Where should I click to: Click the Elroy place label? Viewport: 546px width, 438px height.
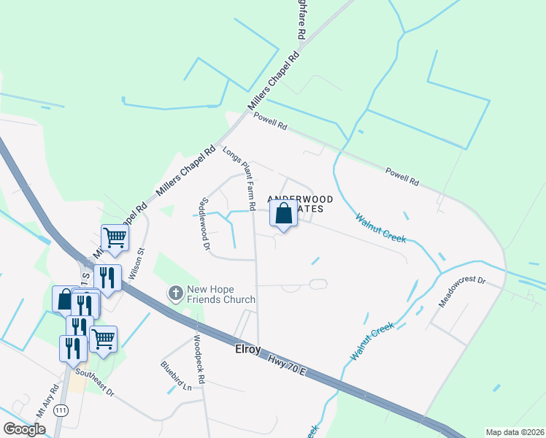click(x=247, y=350)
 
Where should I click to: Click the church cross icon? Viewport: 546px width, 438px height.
click(x=175, y=293)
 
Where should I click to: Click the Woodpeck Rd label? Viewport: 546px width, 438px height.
click(x=200, y=355)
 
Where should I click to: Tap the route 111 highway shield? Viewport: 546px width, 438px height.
click(x=64, y=412)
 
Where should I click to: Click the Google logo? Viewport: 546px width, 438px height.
click(x=24, y=429)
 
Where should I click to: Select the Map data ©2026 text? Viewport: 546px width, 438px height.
click(x=515, y=432)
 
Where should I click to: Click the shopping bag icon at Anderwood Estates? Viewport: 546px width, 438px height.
click(x=284, y=215)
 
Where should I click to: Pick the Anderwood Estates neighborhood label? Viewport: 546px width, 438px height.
click(x=301, y=204)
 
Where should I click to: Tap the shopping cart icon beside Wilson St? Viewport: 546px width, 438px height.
click(x=115, y=237)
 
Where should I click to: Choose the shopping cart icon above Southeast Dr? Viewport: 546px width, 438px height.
click(x=104, y=339)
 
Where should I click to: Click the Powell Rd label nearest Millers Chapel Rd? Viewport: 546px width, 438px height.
click(x=269, y=121)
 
